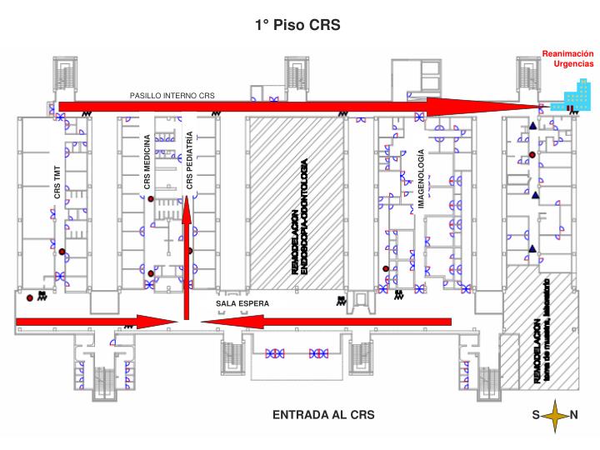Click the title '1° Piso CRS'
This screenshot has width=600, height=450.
[297, 25]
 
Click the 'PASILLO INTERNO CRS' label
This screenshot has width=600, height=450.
[172, 96]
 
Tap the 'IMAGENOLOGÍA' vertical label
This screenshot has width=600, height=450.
[421, 179]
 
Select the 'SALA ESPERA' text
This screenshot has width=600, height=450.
[242, 303]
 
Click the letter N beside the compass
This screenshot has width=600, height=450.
[574, 414]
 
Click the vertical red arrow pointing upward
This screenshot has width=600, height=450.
[188, 258]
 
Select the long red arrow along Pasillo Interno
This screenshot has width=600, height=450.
[292, 106]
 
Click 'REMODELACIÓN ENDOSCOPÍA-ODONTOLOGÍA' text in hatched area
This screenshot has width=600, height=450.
[300, 216]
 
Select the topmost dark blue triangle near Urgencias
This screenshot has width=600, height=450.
[532, 126]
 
